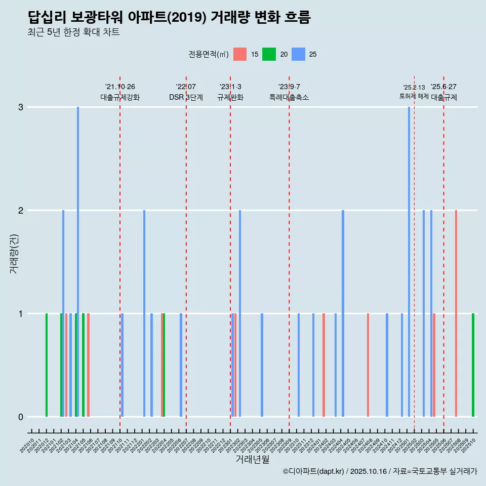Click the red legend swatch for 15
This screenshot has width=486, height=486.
tap(240, 54)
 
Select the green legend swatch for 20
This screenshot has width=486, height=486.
tap(269, 54)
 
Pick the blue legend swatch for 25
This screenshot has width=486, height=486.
tap(298, 54)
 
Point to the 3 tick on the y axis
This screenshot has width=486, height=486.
tap(21, 107)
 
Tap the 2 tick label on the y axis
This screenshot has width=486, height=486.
tap(21, 211)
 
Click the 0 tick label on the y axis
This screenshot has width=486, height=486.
tap(21, 417)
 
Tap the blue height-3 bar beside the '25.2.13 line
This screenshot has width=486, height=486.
tap(409, 261)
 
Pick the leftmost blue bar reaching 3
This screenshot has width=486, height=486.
tap(78, 261)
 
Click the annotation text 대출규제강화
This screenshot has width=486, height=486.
tap(120, 97)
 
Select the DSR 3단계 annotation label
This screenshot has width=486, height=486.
tap(186, 97)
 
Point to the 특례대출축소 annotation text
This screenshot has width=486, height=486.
tap(289, 97)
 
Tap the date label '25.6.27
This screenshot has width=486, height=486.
tap(444, 87)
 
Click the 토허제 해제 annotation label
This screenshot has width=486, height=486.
tap(414, 96)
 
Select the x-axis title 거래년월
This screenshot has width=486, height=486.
tap(252, 460)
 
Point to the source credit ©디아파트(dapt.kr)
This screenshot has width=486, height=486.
tap(313, 471)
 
